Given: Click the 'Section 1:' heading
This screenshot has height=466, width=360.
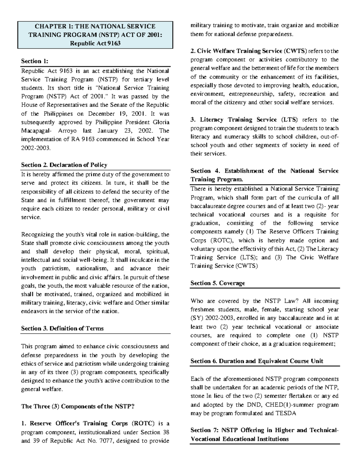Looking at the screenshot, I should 34,61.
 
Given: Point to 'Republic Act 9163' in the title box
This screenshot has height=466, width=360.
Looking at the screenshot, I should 95,43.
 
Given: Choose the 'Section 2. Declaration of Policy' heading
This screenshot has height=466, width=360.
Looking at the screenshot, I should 64,165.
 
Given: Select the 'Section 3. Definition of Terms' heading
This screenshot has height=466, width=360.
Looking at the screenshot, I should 62,329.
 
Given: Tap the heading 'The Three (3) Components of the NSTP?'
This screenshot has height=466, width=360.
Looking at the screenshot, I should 78,407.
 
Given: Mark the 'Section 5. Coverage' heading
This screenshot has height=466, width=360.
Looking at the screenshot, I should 217,283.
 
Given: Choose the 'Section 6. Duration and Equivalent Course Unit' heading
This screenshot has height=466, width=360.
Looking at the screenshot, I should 256,361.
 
